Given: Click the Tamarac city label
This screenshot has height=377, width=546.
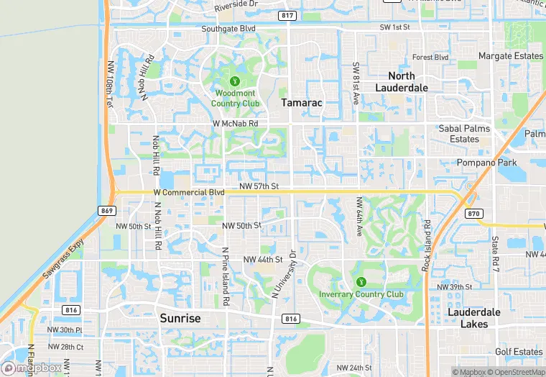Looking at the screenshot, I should [x=301, y=103].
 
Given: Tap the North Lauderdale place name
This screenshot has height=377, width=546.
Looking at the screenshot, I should [x=402, y=81].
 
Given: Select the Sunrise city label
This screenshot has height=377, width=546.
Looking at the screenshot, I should [x=180, y=318].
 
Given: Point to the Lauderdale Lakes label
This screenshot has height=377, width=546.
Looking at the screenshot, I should [x=478, y=318].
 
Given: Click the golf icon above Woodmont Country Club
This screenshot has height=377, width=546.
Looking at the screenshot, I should [x=235, y=79].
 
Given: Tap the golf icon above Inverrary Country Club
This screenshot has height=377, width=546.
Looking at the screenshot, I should [x=361, y=281].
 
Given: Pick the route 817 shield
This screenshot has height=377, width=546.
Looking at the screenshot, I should [x=288, y=15].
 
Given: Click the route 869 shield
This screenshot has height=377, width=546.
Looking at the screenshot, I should [x=106, y=210].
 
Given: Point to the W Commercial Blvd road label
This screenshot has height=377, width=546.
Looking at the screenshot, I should [x=189, y=193].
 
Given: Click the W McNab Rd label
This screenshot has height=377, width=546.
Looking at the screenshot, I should [x=235, y=124].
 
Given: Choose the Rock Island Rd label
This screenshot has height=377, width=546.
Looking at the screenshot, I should [x=427, y=244].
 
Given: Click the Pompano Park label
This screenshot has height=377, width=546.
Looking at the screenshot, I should [x=487, y=163].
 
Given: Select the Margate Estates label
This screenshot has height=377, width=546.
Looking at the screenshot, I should [x=511, y=56].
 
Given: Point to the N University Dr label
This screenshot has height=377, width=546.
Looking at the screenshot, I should [x=283, y=275].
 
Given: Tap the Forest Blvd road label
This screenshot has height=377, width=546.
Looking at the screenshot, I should [x=430, y=58].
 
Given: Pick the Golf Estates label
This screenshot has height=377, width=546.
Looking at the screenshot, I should [x=519, y=352].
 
